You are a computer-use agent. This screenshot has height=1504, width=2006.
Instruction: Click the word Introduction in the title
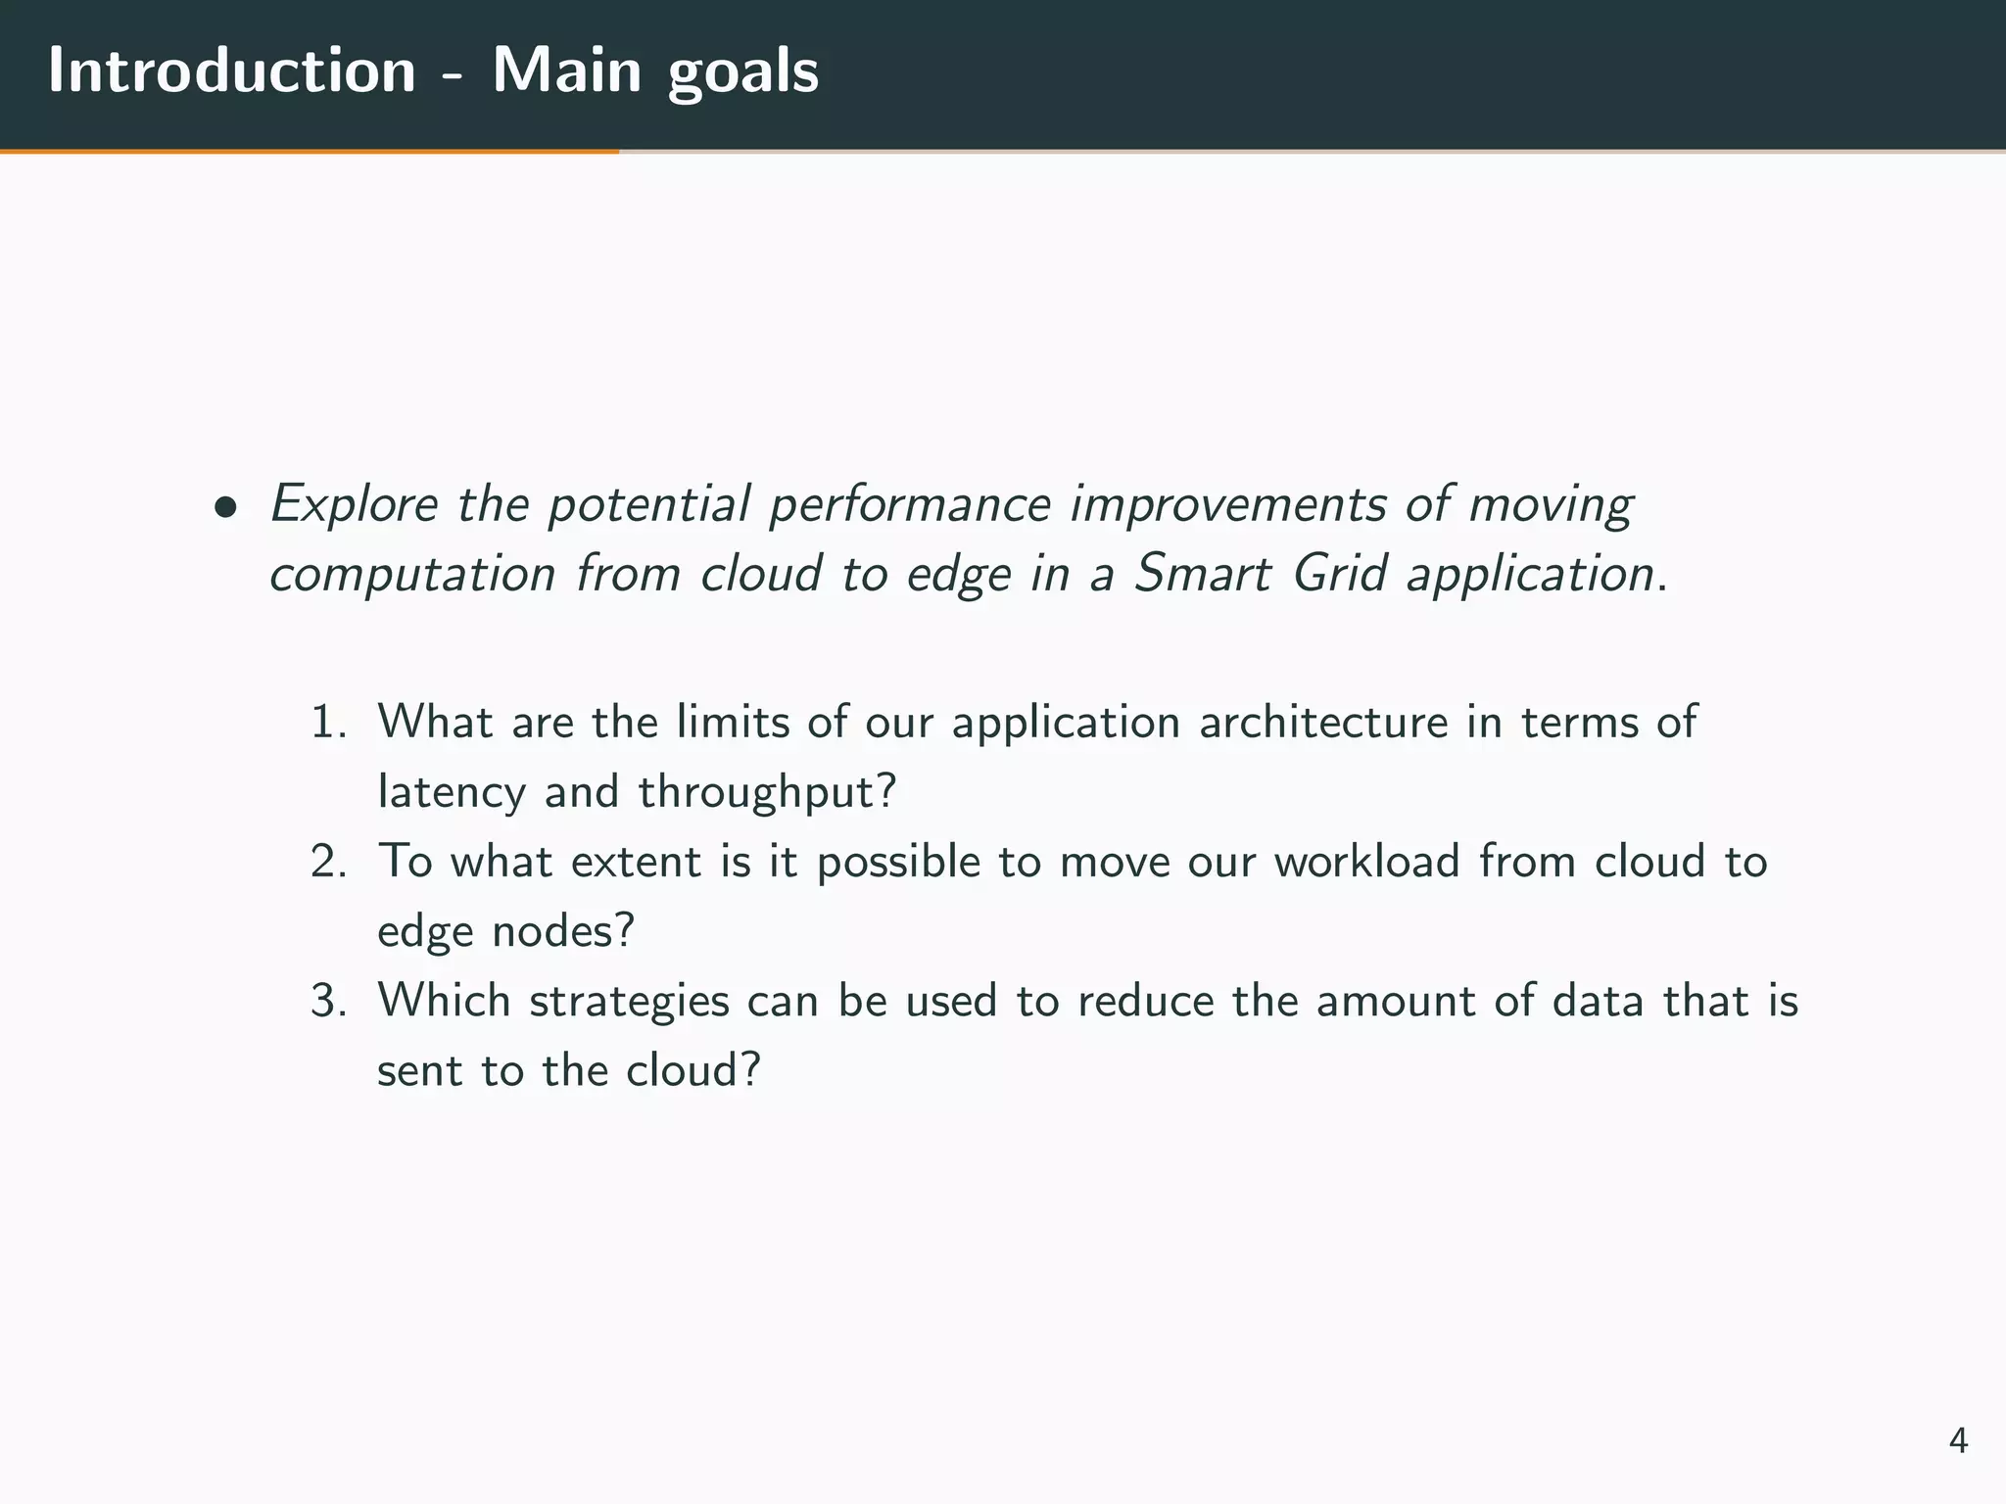232,70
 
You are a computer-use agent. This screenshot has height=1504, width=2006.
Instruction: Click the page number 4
1958,1440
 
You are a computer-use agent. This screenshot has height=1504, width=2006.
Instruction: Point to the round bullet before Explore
226,507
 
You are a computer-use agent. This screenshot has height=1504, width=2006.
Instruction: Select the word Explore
354,505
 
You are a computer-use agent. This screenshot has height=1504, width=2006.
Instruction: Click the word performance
910,505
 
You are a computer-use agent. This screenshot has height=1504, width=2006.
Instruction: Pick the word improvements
1228,505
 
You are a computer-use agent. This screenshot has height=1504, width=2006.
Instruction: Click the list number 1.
327,723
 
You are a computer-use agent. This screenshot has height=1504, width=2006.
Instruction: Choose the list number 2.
327,862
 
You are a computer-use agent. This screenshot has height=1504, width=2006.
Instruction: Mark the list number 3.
327,1001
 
